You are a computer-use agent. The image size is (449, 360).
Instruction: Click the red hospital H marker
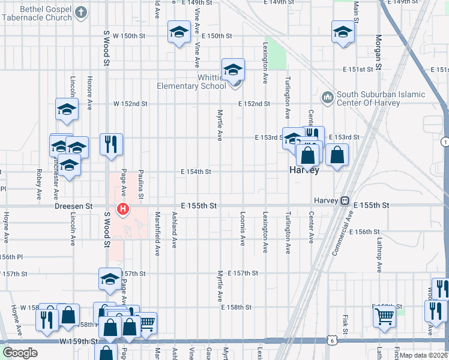tap(123, 209)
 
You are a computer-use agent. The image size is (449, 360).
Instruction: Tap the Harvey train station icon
tap(345, 201)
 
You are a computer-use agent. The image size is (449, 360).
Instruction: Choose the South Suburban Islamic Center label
tap(381, 98)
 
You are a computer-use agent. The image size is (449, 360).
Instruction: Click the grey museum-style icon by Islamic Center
tap(328, 97)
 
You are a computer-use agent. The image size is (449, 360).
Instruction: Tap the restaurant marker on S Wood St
tap(111, 144)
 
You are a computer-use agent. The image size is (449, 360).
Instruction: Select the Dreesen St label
tap(73, 205)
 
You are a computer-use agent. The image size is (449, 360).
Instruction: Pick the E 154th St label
tap(196, 172)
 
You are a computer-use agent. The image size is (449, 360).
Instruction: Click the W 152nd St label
tap(131, 104)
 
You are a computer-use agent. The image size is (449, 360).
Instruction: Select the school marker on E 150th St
tap(178, 34)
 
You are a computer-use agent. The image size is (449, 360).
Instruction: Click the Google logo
tap(20, 353)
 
